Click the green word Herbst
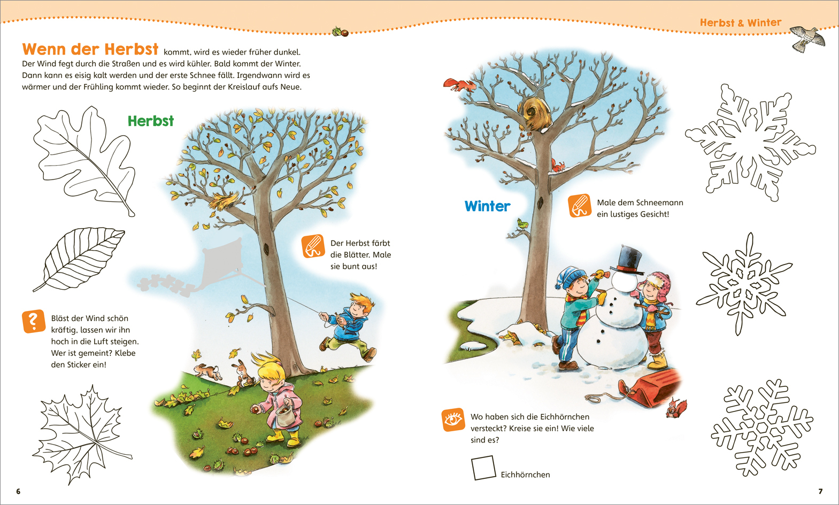point(151,121)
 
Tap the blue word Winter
point(487,206)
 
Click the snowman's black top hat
point(627,259)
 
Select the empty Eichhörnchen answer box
point(483,467)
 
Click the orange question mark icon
point(34,321)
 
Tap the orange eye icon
point(453,419)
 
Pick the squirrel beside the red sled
point(675,408)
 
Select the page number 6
point(18,491)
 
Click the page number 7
point(820,491)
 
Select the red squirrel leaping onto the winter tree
point(459,85)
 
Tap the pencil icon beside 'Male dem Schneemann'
point(580,206)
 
